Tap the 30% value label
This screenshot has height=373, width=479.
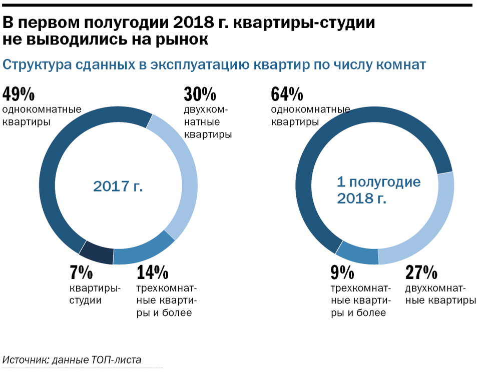coord(200,94)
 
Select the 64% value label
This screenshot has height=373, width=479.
coord(287,94)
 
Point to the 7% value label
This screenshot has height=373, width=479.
coord(81,273)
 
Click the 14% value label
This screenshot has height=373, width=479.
coord(152,273)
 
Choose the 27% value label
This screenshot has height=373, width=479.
coord(421,273)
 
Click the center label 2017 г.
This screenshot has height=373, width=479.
coord(118,186)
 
